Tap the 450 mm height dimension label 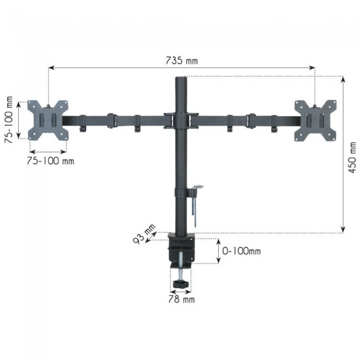point(352,158)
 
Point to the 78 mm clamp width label point(182,300)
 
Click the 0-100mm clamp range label point(240,251)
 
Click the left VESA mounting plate point(48,120)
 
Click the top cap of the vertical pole point(181,79)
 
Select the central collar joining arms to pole point(181,120)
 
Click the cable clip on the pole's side point(195,194)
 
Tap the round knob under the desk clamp point(181,284)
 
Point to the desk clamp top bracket point(182,242)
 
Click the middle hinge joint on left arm point(111,120)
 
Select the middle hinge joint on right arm point(250,120)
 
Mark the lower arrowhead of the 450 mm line point(343,229)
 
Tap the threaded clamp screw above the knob point(181,271)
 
